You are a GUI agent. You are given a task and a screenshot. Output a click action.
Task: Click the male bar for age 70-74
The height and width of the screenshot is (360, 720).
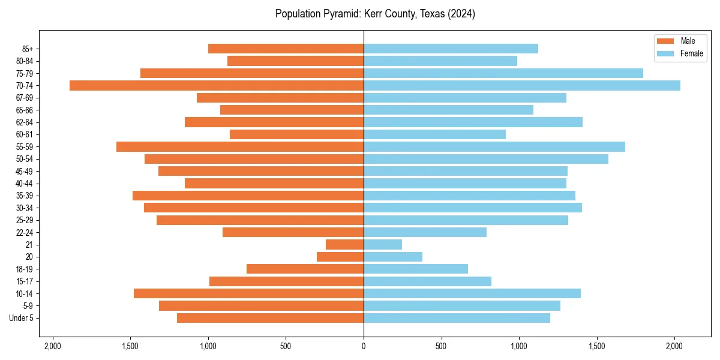217,85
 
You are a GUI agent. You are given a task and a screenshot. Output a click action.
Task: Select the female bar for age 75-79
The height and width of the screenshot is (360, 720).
503,73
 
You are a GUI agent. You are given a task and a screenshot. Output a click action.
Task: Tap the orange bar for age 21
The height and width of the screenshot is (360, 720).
344,244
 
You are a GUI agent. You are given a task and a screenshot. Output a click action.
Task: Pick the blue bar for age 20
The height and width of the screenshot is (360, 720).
393,257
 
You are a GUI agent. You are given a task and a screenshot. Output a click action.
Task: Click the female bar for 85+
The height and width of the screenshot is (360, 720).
451,49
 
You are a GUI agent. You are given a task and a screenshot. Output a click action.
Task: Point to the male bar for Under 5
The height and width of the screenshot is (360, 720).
270,318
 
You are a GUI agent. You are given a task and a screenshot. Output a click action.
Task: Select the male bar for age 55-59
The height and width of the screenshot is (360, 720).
240,146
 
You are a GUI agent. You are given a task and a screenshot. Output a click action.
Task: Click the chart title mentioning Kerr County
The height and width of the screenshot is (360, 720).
375,14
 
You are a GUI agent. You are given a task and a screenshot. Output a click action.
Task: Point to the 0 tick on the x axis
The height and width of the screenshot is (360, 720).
364,346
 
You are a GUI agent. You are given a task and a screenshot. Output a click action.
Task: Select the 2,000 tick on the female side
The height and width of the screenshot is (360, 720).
674,346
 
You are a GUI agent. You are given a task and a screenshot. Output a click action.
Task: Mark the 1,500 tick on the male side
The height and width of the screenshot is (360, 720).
131,346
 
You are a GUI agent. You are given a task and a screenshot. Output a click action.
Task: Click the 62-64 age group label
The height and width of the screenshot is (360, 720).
25,122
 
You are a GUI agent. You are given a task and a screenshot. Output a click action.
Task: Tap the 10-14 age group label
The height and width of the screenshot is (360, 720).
25,293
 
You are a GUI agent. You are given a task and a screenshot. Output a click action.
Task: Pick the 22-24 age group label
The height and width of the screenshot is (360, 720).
25,232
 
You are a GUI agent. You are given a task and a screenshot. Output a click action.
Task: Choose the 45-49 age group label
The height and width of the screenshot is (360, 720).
25,171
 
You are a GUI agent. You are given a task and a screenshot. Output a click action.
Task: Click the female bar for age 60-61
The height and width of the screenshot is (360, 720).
434,134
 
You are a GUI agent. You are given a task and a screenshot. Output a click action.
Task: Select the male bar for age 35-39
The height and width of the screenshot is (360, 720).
248,196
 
